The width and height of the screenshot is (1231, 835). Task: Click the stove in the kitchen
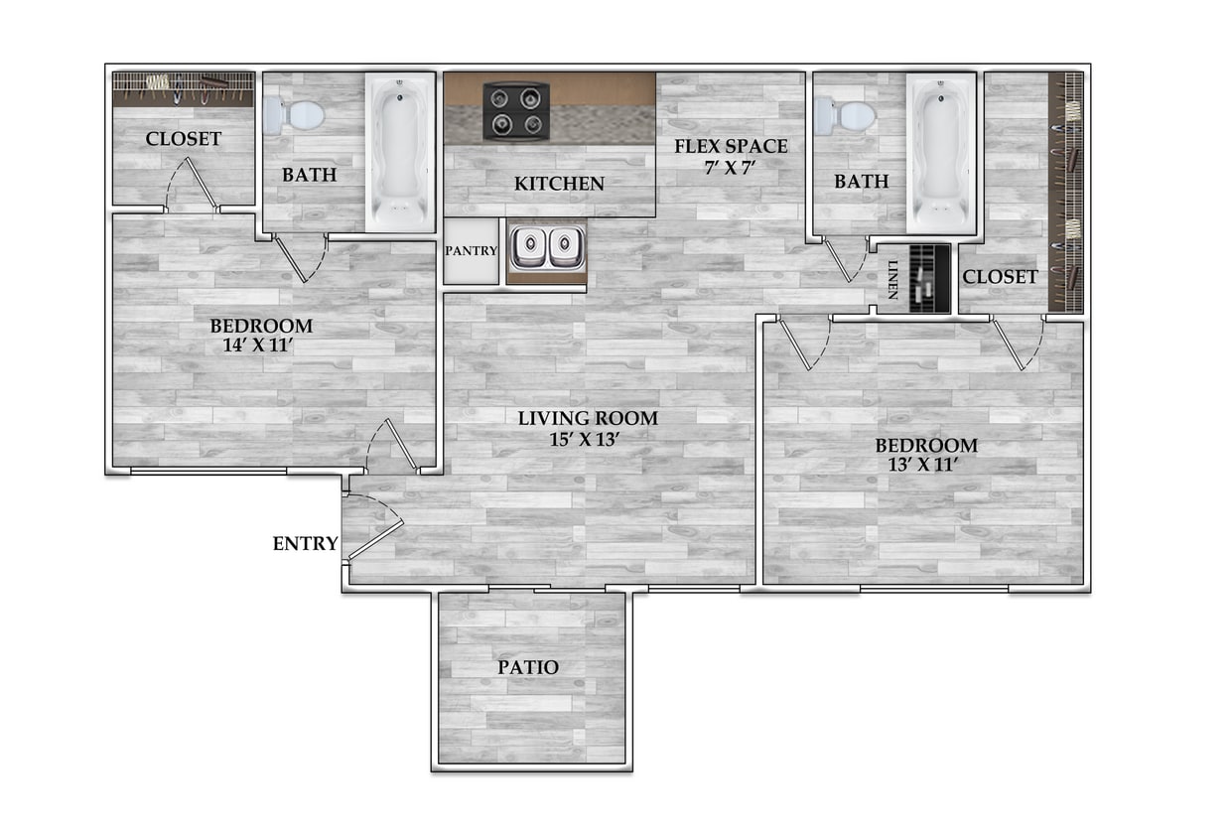[x=516, y=110]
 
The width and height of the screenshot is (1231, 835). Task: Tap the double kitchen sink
[x=547, y=248]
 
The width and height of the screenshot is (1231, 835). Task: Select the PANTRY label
[x=471, y=251]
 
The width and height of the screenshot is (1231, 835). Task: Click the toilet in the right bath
[x=846, y=117]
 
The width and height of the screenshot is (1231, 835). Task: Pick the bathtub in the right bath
[x=941, y=154]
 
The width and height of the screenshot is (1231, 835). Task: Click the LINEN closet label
[x=892, y=279]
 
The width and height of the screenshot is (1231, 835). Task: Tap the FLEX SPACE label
[x=731, y=147]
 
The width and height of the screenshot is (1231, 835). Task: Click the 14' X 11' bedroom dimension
[x=260, y=346]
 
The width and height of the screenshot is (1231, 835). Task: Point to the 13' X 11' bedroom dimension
[x=925, y=464]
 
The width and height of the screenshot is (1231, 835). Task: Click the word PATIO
[x=528, y=668]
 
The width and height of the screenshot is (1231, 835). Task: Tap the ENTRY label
[x=306, y=544]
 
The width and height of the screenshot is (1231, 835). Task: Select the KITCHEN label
[x=559, y=184]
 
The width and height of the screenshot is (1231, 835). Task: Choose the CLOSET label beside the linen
[x=1000, y=277]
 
